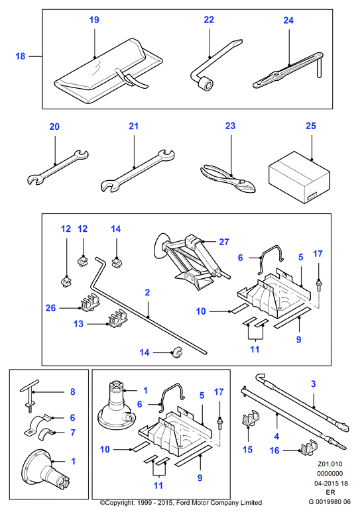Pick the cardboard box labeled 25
pyautogui.click(x=299, y=178)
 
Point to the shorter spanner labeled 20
pyautogui.click(x=57, y=167)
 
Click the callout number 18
pyautogui.click(x=21, y=56)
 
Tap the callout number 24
pyautogui.click(x=288, y=21)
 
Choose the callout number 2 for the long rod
pyautogui.click(x=147, y=292)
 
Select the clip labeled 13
pyautogui.click(x=117, y=320)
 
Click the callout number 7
pyautogui.click(x=73, y=433)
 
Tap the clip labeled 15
pyautogui.click(x=250, y=418)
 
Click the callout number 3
pyautogui.click(x=313, y=384)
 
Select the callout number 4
pyautogui.click(x=276, y=437)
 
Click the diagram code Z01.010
pyautogui.click(x=330, y=464)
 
